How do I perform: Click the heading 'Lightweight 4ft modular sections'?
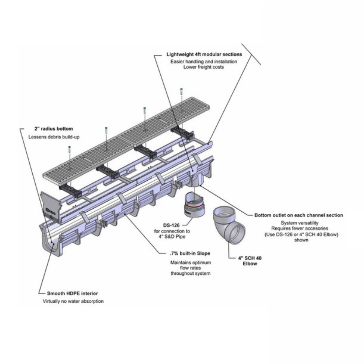point(204,54)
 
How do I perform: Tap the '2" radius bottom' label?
point(54,129)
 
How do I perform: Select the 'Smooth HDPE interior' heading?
point(72,294)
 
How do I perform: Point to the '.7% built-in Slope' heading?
point(190,253)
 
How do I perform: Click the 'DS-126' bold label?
point(171,225)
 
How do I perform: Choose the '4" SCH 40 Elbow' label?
point(250,261)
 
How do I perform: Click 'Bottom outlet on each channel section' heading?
point(299,215)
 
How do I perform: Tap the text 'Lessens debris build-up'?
point(54,137)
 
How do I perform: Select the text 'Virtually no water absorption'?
point(73,301)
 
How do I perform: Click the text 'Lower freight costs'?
point(204,67)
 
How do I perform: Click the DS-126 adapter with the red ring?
point(194,204)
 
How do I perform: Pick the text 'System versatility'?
point(300,223)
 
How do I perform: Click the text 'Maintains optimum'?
point(190,263)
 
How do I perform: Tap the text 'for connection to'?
point(172,231)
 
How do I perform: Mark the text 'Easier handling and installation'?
point(204,62)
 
